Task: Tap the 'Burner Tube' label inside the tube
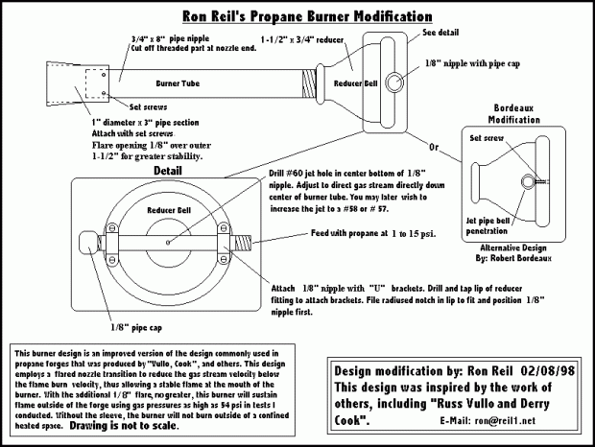click(204, 83)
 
